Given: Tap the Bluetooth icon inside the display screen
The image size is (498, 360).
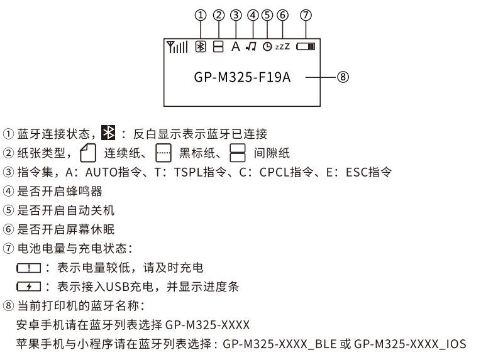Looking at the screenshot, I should [x=201, y=46].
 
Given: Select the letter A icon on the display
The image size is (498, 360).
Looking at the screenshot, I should [x=235, y=46].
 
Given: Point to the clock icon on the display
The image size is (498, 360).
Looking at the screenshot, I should [x=267, y=47].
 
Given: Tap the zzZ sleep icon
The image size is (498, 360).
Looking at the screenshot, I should [x=282, y=47].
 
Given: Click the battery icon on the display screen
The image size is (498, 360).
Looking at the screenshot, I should [x=307, y=47].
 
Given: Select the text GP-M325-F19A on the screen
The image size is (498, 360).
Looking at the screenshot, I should [x=243, y=78].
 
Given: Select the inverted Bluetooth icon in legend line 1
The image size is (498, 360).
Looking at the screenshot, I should [x=108, y=134].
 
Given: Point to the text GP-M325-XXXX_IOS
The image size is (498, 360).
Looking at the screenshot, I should [x=410, y=344].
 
